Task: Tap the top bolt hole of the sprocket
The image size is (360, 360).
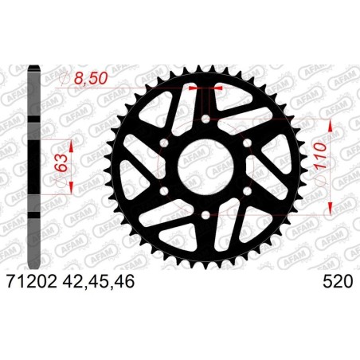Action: (x=206, y=119)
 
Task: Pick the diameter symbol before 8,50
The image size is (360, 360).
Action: (x=65, y=80)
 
